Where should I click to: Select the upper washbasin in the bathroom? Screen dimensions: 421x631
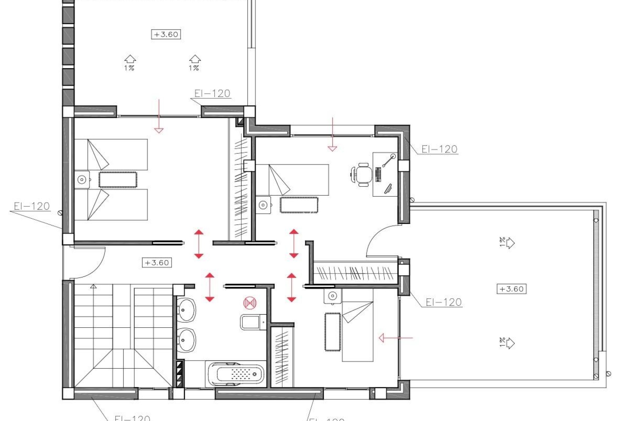tap(186, 310)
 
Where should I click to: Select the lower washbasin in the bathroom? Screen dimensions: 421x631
tap(186, 340)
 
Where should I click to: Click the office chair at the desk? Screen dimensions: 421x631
tap(363, 174)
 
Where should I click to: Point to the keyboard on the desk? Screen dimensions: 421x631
tap(378, 174)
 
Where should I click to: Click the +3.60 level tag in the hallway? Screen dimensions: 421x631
tap(157, 263)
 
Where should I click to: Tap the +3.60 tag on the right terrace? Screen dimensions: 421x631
tap(511, 289)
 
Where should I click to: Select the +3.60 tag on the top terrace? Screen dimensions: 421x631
tap(166, 34)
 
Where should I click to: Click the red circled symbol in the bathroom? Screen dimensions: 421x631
tap(250, 303)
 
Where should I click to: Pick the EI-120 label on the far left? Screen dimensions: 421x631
tap(32, 206)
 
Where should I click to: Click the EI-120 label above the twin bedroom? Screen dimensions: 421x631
tap(212, 93)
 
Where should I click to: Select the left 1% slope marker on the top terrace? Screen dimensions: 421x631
tap(130, 62)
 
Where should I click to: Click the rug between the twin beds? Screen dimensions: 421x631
tap(118, 180)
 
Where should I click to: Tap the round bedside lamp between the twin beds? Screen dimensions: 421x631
tap(82, 180)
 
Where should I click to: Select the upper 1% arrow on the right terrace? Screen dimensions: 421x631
tap(507, 243)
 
